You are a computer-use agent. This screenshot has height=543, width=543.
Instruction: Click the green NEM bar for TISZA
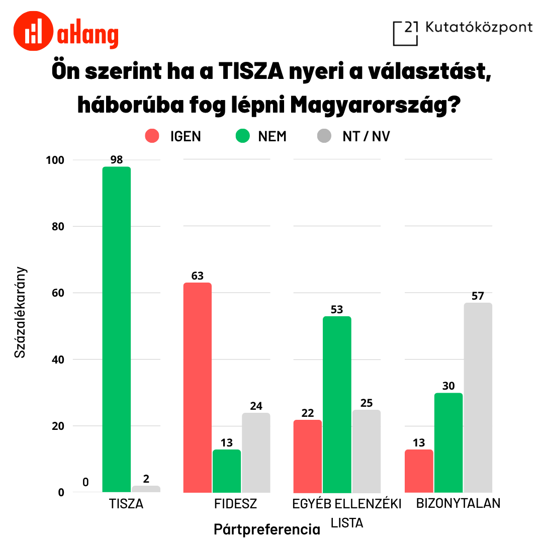click(116, 329)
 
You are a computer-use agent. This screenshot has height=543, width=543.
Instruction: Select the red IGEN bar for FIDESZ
click(197, 387)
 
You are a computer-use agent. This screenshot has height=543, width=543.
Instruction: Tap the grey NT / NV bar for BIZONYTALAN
click(478, 397)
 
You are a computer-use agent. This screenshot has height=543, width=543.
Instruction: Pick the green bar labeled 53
click(337, 404)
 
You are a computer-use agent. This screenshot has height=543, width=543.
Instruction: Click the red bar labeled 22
click(307, 456)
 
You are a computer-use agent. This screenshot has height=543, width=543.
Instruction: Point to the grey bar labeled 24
click(256, 452)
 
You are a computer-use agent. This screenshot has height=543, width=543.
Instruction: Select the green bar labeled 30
click(448, 442)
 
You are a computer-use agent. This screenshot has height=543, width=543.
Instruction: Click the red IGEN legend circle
click(152, 136)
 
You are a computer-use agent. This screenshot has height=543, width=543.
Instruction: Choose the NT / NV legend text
click(366, 137)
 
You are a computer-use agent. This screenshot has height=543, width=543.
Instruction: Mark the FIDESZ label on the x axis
click(235, 504)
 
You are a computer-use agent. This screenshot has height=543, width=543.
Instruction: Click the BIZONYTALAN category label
click(458, 503)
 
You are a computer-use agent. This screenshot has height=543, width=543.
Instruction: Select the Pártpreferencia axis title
click(266, 529)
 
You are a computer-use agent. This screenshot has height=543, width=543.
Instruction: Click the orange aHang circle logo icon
click(34, 31)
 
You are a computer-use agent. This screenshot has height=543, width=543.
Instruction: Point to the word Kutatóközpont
click(479, 27)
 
